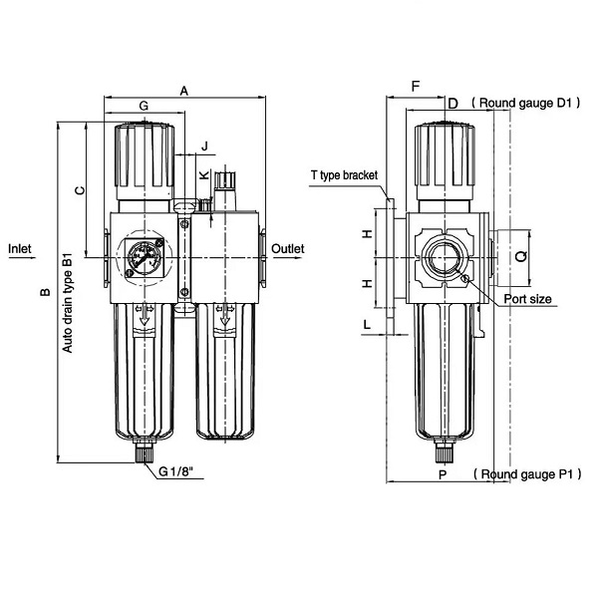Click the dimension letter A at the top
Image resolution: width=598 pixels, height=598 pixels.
point(184,90)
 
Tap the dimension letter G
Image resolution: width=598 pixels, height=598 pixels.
point(144,106)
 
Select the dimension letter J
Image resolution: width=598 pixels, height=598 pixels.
point(204,147)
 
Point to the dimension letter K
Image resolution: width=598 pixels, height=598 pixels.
point(203,174)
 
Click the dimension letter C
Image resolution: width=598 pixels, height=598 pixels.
point(79,186)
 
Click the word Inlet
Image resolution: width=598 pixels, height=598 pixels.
point(20,248)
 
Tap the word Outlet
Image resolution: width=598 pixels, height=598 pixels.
point(287,248)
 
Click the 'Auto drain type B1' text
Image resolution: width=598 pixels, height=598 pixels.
point(68,303)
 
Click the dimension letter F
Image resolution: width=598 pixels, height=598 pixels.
point(416,88)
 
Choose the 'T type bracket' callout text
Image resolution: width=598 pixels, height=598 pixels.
point(345,175)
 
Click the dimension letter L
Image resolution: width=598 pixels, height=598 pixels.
point(367,325)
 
